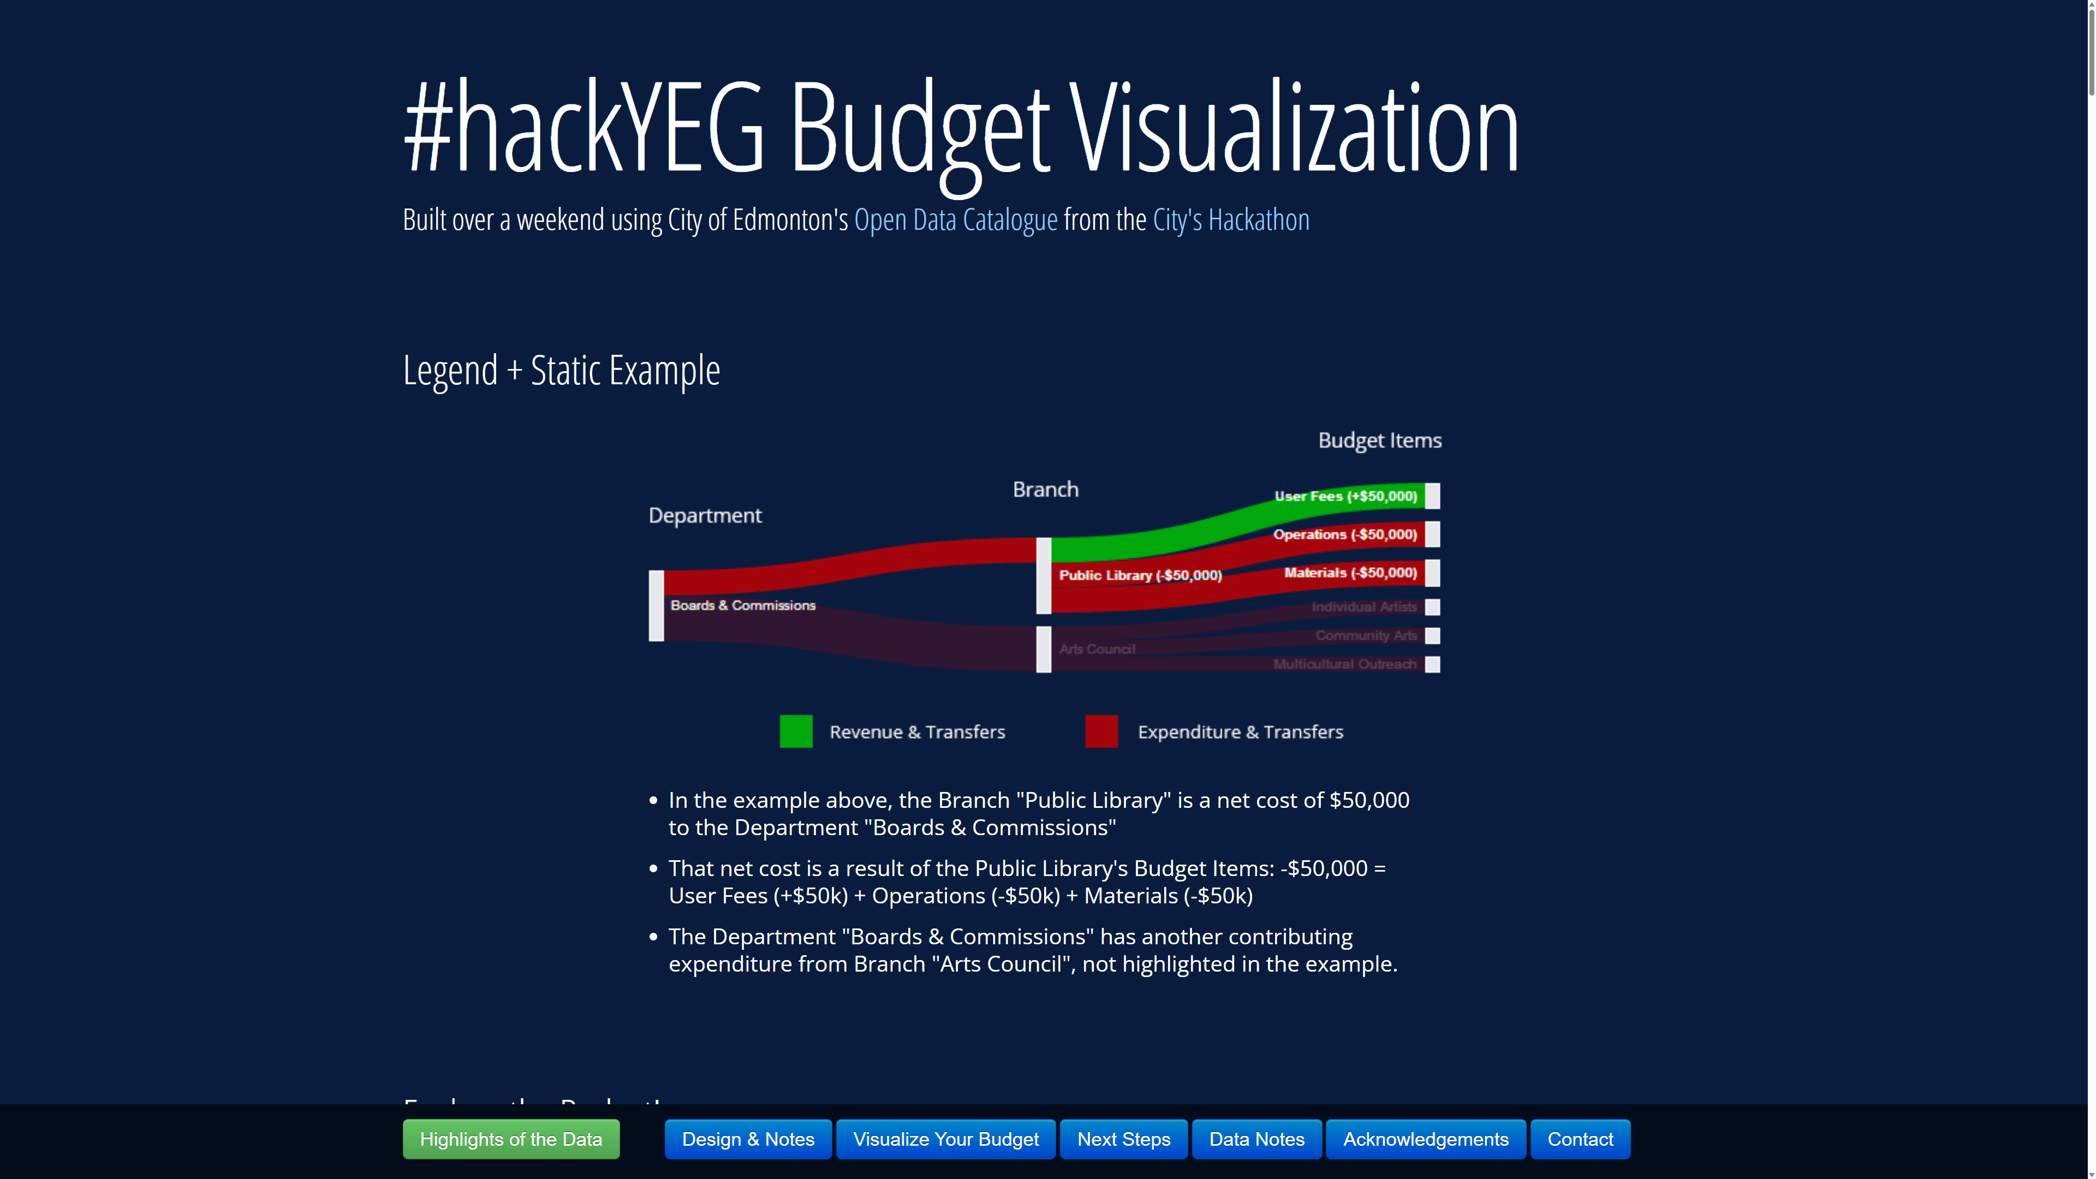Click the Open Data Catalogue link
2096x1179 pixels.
coord(955,219)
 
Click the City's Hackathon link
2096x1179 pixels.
coord(1230,219)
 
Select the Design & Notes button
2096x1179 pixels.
coord(748,1139)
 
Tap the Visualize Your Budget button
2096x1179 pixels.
coord(945,1139)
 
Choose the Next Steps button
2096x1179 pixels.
coord(1124,1139)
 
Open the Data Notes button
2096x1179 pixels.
coord(1257,1139)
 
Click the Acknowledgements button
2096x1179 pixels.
coord(1426,1139)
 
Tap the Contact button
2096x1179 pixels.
coord(1579,1139)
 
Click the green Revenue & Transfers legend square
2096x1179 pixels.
coord(796,731)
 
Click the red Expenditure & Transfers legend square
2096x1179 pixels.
coord(1101,731)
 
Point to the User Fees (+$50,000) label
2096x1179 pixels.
coord(1345,496)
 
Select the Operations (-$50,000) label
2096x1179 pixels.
coord(1344,534)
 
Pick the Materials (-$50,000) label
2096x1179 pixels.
coord(1350,573)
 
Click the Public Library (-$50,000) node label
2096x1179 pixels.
coord(1140,575)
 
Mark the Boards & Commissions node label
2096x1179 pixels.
coord(742,605)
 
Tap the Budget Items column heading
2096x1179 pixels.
coord(1379,440)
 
